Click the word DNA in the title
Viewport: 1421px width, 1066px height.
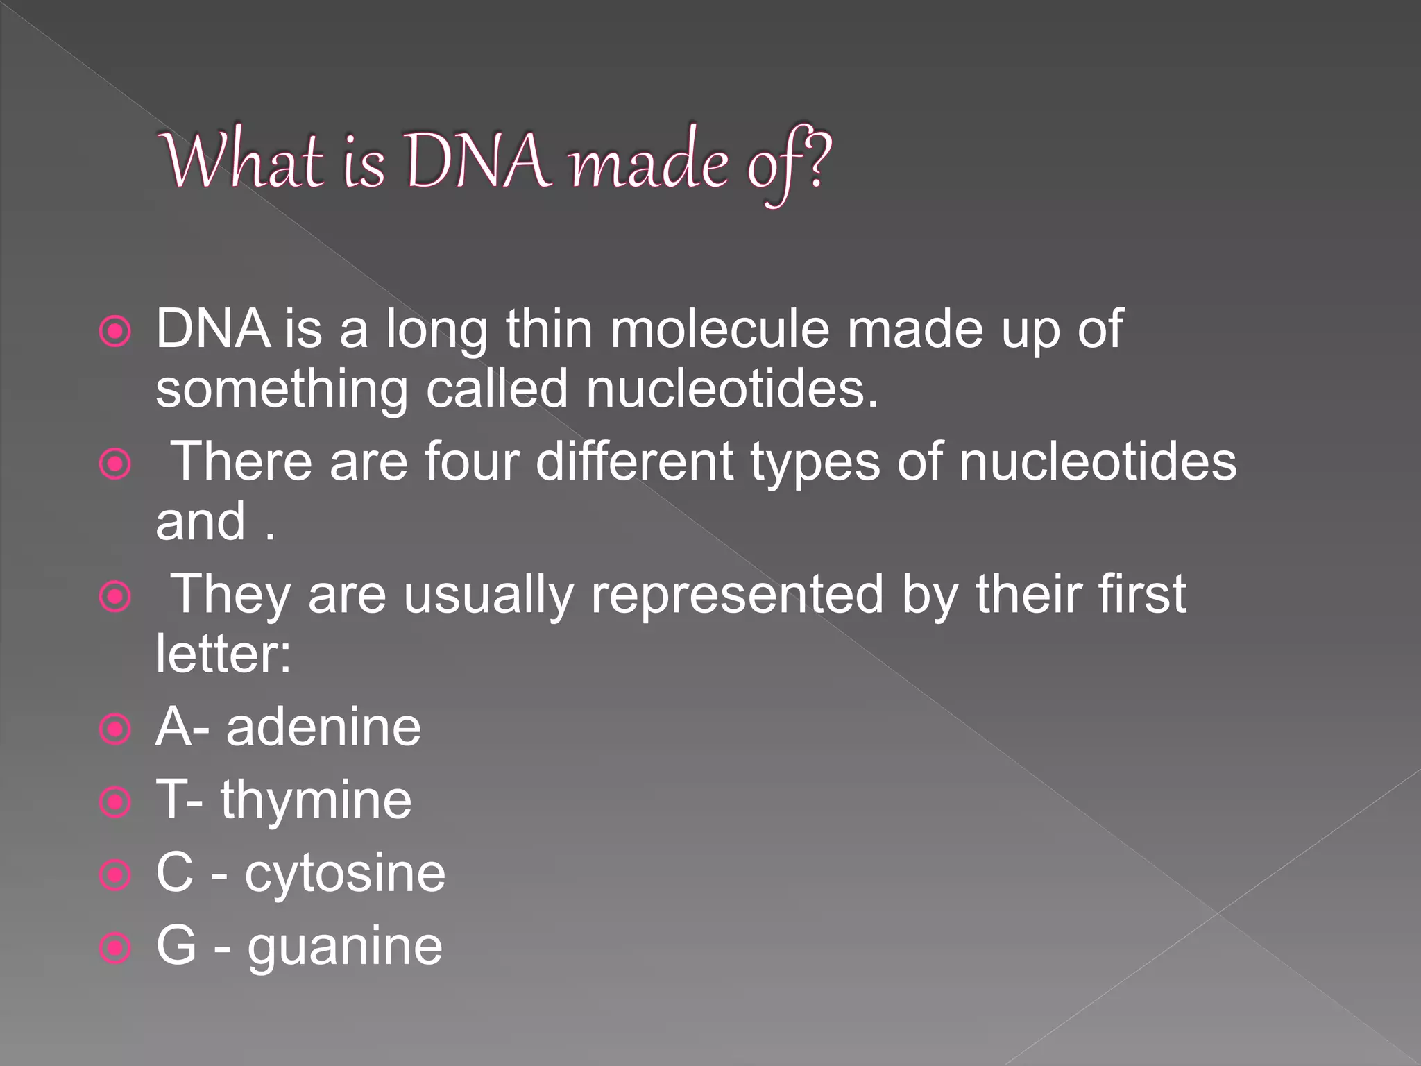coord(479,161)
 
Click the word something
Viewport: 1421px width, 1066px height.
coord(282,390)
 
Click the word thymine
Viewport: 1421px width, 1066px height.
coord(316,801)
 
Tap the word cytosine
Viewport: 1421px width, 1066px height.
coord(345,874)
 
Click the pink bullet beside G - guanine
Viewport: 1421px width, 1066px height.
coord(115,947)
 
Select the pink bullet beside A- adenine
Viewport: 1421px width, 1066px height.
coord(115,729)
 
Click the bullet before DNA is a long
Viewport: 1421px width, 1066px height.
coord(115,332)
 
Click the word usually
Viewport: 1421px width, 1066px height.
coord(488,595)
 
